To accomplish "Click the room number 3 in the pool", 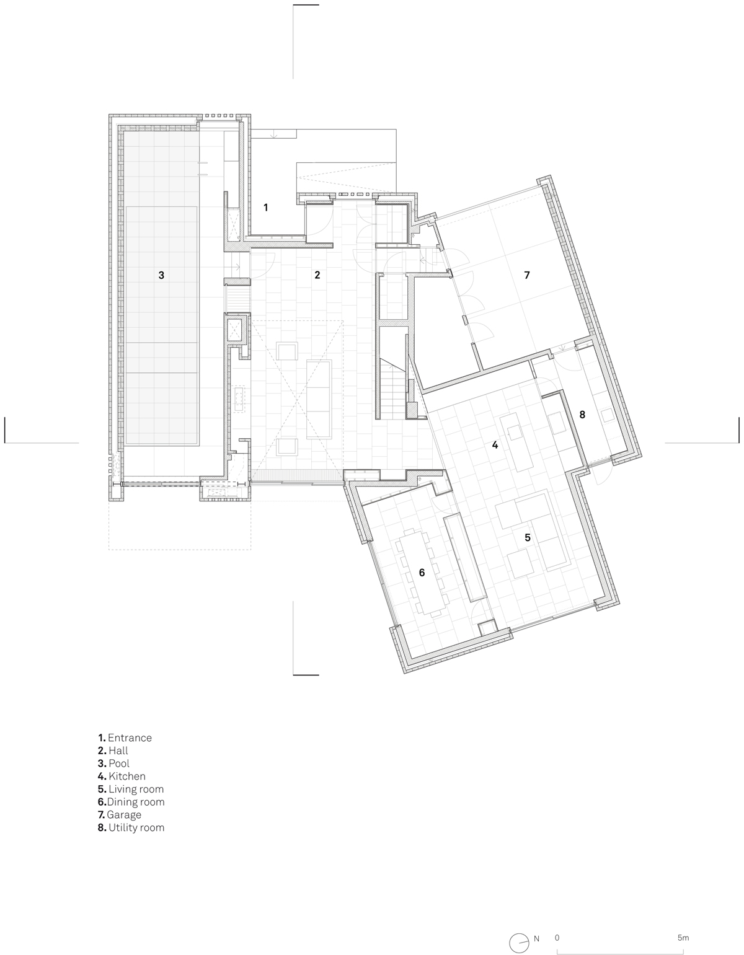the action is (161, 275).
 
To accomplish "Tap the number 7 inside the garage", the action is (527, 275).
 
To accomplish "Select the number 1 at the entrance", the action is (266, 207).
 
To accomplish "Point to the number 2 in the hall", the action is (317, 275).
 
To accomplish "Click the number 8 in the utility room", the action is (582, 415).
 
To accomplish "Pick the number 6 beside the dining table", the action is (422, 572).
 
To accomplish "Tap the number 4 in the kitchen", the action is (495, 445).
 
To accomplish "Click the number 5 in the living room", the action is (528, 537).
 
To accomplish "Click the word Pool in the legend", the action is (119, 764).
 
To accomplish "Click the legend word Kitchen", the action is (127, 776).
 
